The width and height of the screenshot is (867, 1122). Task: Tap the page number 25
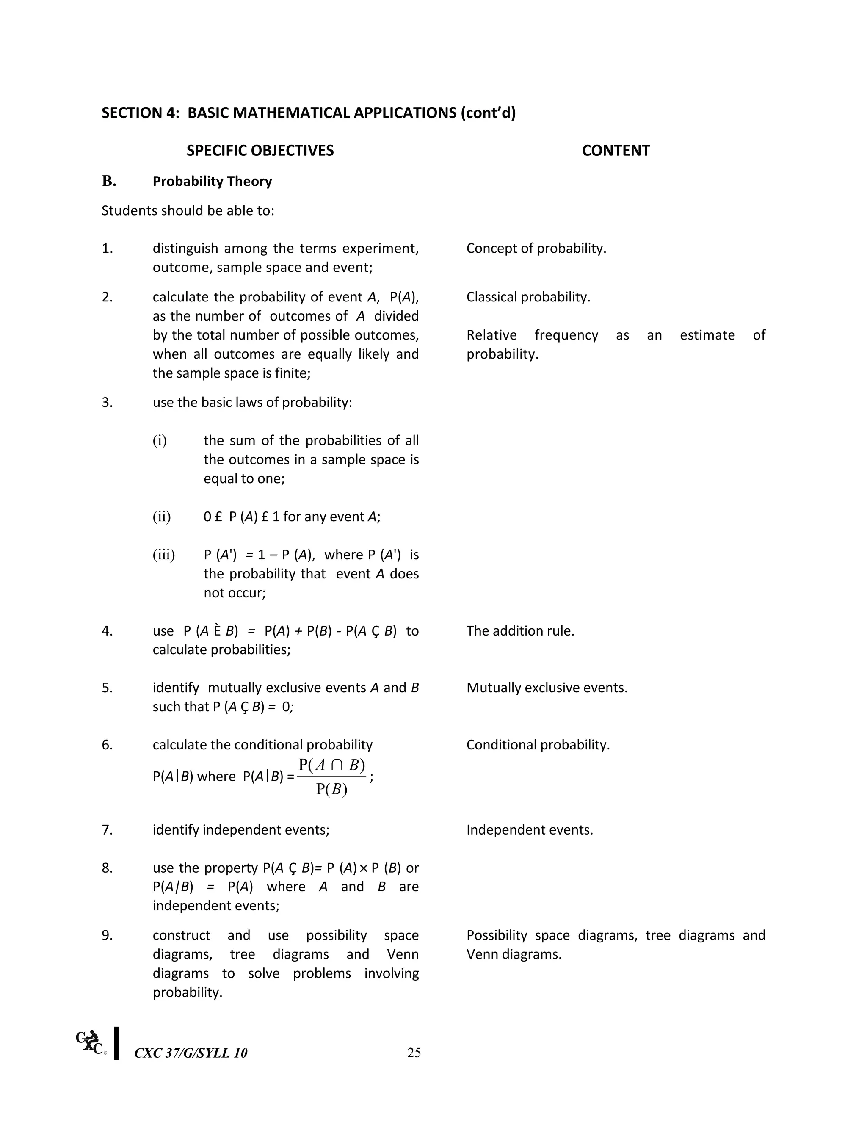click(x=414, y=1053)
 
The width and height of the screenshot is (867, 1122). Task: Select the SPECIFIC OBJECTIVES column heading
click(x=260, y=151)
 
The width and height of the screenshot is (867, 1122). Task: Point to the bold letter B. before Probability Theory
click(x=109, y=181)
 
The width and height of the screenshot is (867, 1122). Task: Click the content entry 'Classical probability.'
click(x=528, y=297)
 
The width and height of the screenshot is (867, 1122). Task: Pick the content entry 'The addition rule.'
click(x=520, y=631)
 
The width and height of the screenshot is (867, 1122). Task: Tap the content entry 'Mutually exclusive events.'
click(x=547, y=687)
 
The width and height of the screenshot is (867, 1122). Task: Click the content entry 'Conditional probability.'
click(x=538, y=744)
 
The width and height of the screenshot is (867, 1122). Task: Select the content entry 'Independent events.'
click(x=529, y=830)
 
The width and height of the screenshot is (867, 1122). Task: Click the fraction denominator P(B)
click(x=332, y=789)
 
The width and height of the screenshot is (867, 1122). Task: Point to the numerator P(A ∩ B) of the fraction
click(x=332, y=765)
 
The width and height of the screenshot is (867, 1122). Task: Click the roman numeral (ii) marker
click(x=161, y=516)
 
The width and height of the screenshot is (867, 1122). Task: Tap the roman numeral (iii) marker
click(x=163, y=555)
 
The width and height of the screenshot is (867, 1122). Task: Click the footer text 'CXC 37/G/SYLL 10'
click(x=191, y=1053)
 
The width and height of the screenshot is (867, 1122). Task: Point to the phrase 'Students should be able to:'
click(x=188, y=210)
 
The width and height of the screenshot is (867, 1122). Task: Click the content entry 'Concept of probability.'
click(x=536, y=249)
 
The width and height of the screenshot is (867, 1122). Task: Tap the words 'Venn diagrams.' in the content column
click(x=514, y=954)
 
